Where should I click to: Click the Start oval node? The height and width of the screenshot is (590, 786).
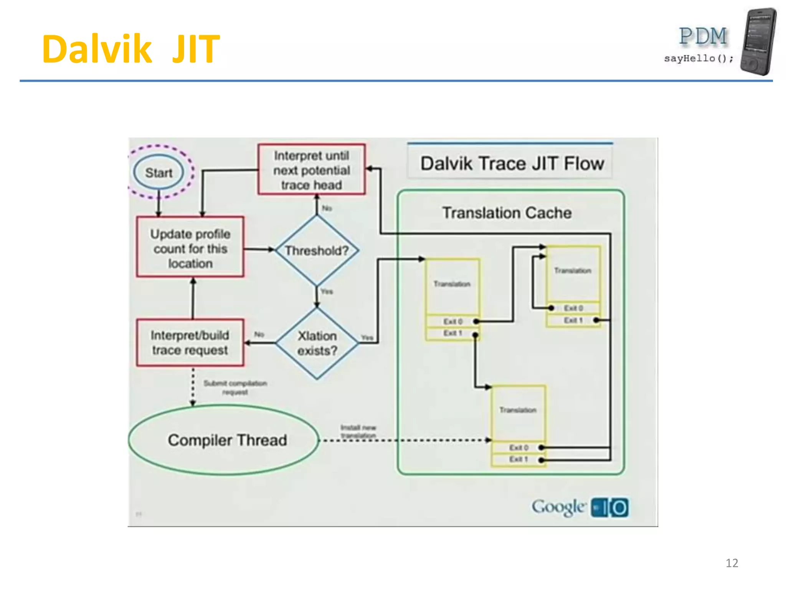159,172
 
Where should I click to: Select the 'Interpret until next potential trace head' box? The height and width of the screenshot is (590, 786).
311,170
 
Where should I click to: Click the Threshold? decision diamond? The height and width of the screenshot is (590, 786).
317,250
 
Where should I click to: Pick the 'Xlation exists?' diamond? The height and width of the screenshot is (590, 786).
317,343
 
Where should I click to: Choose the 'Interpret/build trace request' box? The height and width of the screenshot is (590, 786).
190,342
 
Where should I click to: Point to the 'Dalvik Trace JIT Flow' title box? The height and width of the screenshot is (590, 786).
512,163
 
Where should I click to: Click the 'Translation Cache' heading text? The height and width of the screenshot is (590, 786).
507,212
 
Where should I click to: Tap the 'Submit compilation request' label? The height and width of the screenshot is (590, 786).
235,387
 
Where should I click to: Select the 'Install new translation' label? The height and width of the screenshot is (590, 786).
358,431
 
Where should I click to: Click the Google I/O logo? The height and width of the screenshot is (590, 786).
580,507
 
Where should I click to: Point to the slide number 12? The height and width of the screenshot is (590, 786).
732,563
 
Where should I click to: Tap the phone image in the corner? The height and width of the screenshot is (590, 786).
758,41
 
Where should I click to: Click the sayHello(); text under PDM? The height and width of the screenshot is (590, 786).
698,58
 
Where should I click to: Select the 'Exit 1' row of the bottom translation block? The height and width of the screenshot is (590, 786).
518,459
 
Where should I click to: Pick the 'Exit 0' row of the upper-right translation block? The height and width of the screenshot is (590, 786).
573,308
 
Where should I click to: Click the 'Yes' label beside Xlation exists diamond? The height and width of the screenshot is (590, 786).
367,338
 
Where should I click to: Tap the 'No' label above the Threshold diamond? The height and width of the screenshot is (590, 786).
327,208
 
